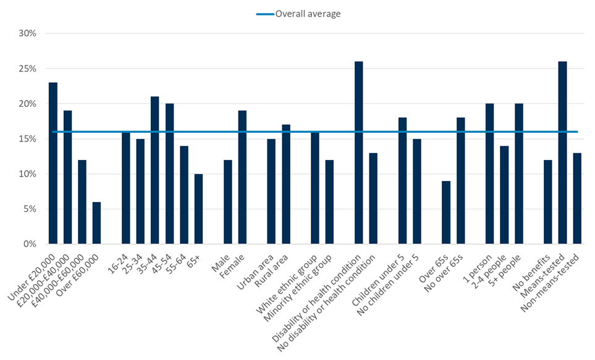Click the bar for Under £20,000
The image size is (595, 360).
53,163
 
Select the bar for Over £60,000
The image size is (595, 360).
96,223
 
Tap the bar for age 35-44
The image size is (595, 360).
155,170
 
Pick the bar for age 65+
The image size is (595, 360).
198,209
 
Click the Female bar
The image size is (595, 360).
242,177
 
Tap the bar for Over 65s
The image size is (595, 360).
446,212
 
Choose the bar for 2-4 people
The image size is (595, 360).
504,195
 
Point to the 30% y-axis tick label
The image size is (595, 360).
28,33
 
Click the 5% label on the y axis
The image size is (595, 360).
31,209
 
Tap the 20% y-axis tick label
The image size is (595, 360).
28,104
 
